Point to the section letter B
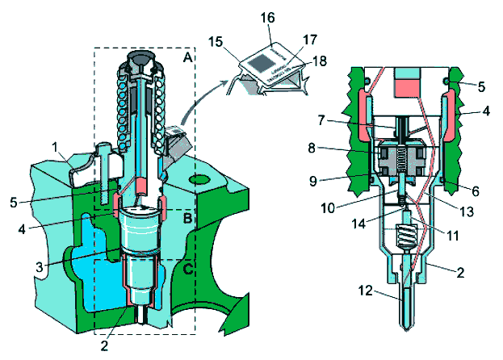(x=187, y=217)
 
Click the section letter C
(x=187, y=269)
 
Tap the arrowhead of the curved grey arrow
(x=228, y=74)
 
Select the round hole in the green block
(x=199, y=177)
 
